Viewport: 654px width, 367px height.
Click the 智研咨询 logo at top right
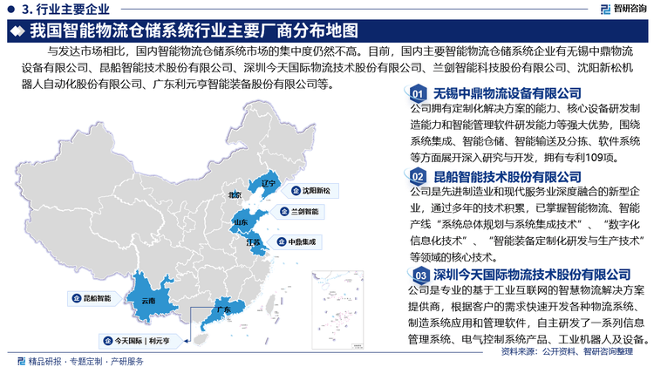[619, 9]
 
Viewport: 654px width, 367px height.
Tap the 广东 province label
[222, 309]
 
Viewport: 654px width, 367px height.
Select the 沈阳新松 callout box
[318, 189]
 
